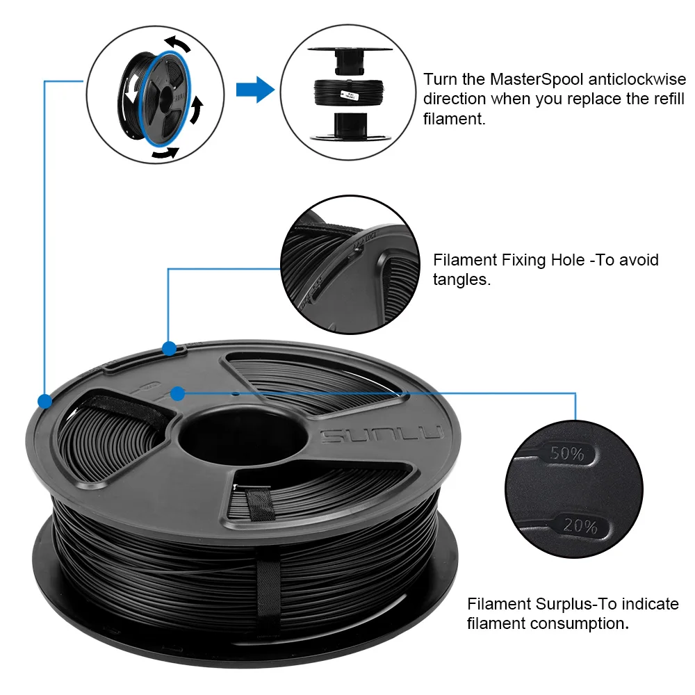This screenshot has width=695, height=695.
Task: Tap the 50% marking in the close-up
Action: click(566, 454)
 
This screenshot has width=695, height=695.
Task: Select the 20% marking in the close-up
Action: click(580, 526)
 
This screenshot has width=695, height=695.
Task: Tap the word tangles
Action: click(461, 281)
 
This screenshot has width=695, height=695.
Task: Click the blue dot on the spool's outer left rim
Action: click(45, 401)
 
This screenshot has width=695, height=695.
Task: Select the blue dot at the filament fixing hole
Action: click(169, 347)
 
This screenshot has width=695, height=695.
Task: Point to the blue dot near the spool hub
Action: click(177, 394)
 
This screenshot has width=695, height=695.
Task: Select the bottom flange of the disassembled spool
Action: click(348, 135)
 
